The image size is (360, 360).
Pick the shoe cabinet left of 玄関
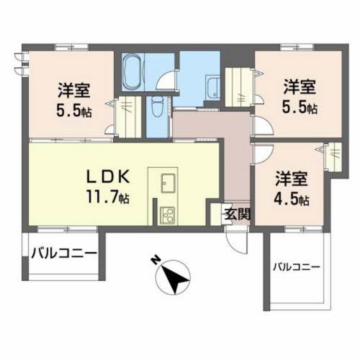click(x=216, y=213)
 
